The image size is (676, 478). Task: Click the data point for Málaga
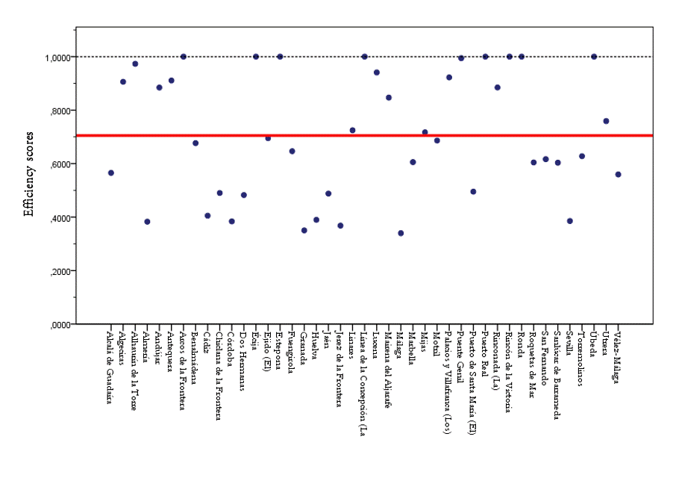coord(401,233)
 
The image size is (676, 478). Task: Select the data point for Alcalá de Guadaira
coord(111,173)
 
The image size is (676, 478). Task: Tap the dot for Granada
coord(304,230)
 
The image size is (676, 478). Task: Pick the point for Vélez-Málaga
coord(618,174)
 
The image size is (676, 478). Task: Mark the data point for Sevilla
coord(570,221)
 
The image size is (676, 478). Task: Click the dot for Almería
coord(147,222)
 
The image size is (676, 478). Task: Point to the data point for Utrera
coord(606,121)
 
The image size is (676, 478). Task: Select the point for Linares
coord(352,130)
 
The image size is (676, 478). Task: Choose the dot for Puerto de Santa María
coord(473,192)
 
